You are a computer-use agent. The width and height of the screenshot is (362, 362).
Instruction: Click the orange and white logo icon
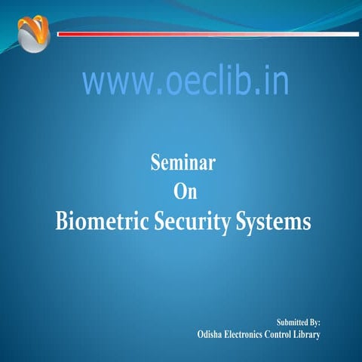click(x=34, y=35)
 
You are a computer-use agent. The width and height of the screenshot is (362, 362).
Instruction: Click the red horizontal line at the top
click(x=207, y=34)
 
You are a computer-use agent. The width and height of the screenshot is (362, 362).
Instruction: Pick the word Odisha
click(x=210, y=334)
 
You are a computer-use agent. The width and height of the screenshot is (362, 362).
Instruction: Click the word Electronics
click(x=247, y=334)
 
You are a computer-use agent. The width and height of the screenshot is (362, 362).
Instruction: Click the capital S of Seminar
click(x=157, y=162)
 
